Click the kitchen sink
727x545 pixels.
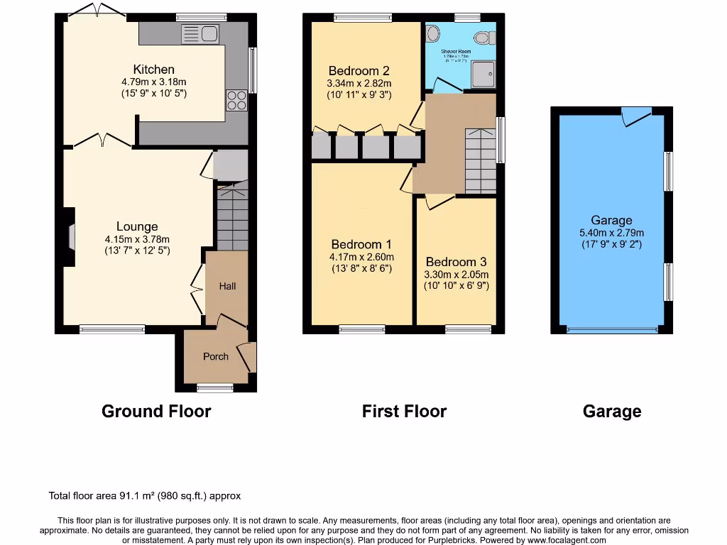coord(199,33)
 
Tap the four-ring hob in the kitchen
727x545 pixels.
coord(237,101)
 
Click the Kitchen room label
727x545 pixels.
coord(153,70)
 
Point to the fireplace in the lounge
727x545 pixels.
coord(70,236)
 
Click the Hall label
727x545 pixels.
coord(227,286)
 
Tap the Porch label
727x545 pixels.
coord(216,356)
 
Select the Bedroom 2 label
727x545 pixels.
coord(359,71)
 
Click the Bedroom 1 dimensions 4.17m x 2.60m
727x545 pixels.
coord(361,257)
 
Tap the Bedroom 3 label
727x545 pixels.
coord(457,262)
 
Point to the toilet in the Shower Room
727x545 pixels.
coord(483,37)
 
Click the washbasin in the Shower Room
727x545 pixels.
coord(433,34)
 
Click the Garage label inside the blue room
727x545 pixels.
coord(611,221)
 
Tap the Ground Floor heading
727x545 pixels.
coord(156,411)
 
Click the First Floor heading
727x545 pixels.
coord(404,411)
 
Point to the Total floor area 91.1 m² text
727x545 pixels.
coord(149,496)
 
